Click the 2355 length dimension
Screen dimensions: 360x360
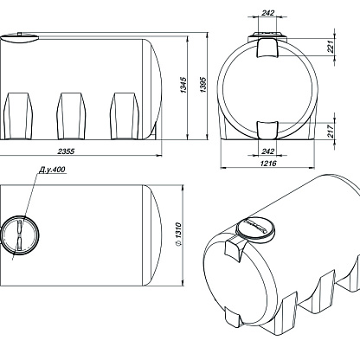(66, 151)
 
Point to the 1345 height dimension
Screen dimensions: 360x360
(183, 85)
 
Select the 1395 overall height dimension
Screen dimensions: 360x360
(203, 85)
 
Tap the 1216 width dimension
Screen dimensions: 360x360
(268, 164)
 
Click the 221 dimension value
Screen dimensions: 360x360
(331, 46)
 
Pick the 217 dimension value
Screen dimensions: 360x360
(331, 131)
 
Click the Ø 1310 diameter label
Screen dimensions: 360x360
(178, 235)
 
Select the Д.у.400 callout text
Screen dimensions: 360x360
(52, 170)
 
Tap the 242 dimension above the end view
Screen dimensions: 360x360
(268, 13)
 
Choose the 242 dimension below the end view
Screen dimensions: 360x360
(268, 151)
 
